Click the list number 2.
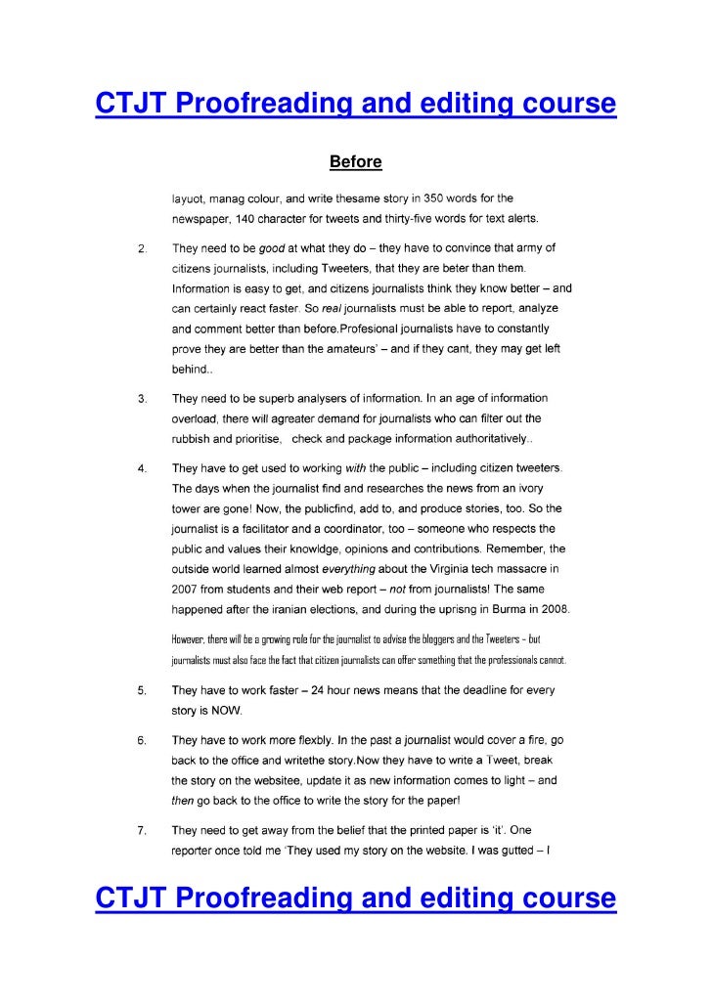[x=142, y=249]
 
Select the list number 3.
[x=142, y=400]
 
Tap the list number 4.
[x=142, y=469]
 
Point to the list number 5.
[x=142, y=691]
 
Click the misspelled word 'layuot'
[x=188, y=198]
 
